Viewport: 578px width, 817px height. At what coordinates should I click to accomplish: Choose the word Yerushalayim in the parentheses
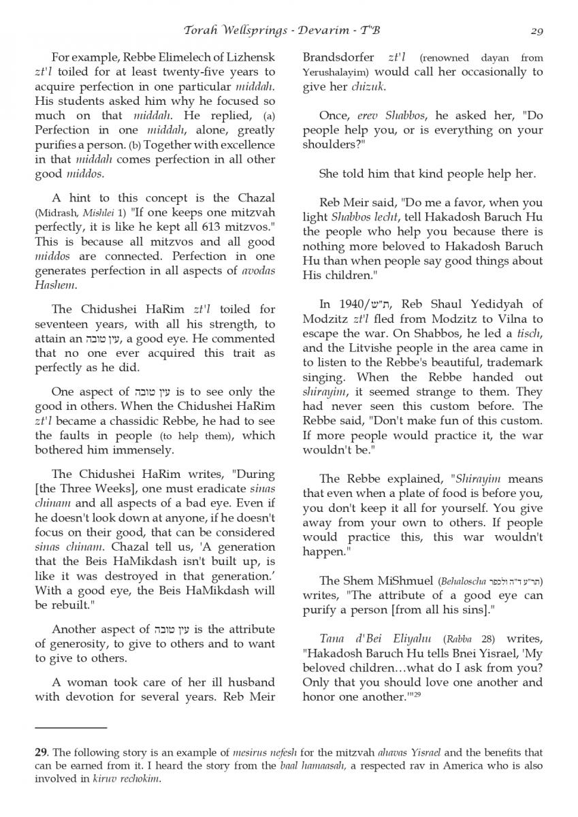(x=333, y=71)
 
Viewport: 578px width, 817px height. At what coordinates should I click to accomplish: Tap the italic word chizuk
(x=370, y=86)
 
